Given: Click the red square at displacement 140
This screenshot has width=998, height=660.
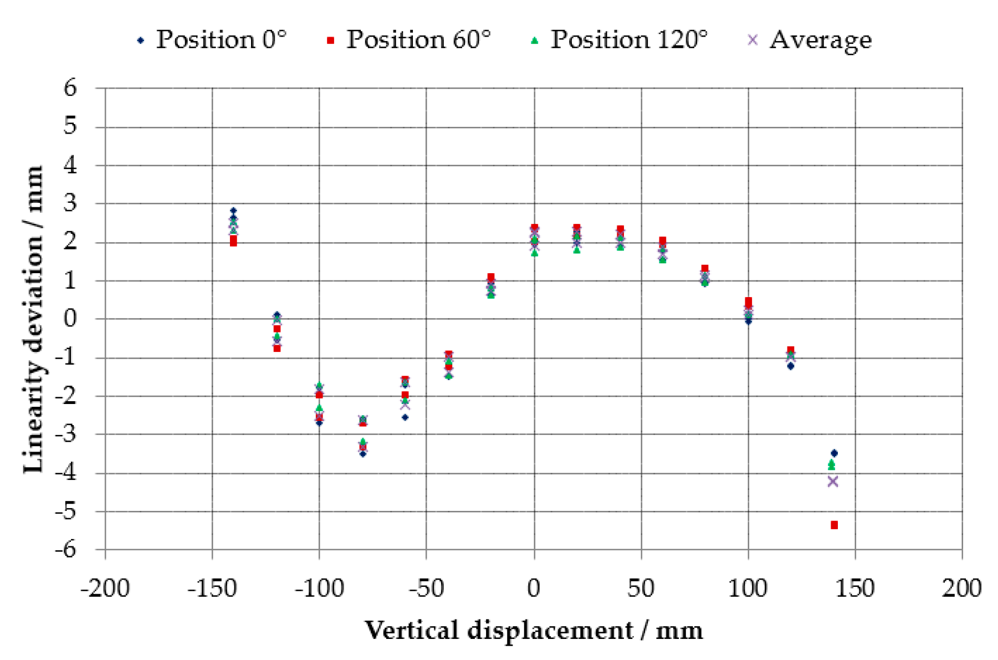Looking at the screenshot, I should (834, 525).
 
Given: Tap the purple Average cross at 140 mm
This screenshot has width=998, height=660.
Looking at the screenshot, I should (832, 482).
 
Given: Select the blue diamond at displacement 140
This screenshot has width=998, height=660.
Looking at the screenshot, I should (834, 453).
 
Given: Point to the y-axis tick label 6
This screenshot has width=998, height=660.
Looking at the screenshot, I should (70, 88).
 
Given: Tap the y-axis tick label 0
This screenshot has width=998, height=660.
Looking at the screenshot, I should (70, 319).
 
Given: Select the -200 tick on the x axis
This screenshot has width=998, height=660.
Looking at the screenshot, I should (105, 588).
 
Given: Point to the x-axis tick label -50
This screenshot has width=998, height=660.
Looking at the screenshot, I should (426, 588).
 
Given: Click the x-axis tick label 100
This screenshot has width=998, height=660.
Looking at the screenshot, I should (748, 588).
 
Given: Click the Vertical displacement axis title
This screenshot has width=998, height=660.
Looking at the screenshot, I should (533, 630).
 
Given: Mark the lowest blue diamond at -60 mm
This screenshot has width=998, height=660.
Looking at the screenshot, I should (405, 417).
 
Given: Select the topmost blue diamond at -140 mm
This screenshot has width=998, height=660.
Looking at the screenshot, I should (233, 211).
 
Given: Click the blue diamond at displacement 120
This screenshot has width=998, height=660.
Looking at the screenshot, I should (791, 366).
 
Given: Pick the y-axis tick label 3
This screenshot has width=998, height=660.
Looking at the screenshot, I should (70, 203).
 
